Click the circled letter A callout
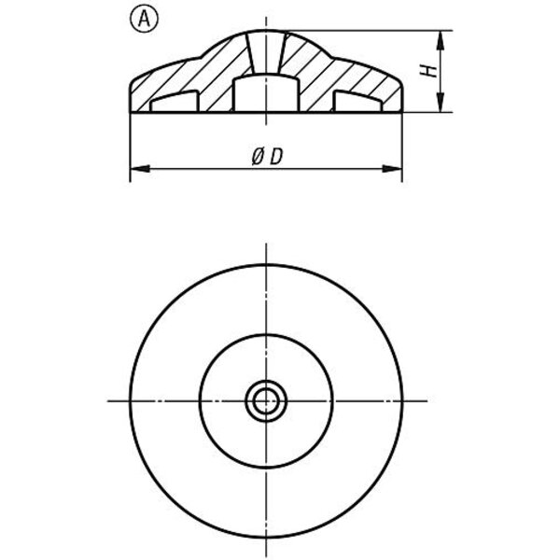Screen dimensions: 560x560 (144, 20)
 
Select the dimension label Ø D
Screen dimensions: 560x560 (267, 157)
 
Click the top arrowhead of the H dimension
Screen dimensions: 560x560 (441, 40)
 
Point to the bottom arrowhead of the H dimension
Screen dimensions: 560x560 (441, 103)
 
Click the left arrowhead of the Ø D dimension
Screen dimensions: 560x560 (140, 169)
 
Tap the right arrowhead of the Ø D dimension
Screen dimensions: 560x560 (393, 169)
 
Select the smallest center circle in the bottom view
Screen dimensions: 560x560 (266, 401)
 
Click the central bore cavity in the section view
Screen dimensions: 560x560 (266, 92)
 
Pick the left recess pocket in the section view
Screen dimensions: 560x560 (175, 102)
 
